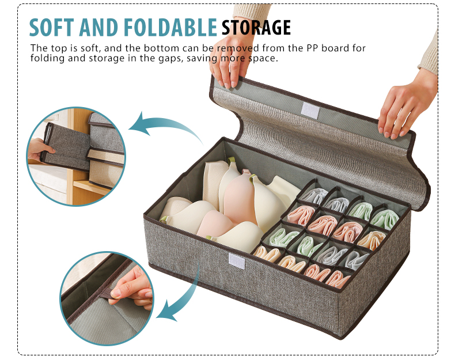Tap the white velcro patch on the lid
click(x=309, y=111)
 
